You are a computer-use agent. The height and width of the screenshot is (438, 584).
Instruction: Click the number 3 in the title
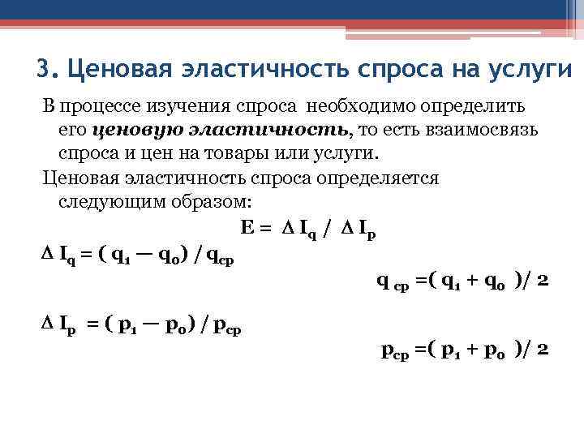pos(43,68)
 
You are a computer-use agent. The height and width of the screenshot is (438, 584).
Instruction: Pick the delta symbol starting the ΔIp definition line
pos(45,326)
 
